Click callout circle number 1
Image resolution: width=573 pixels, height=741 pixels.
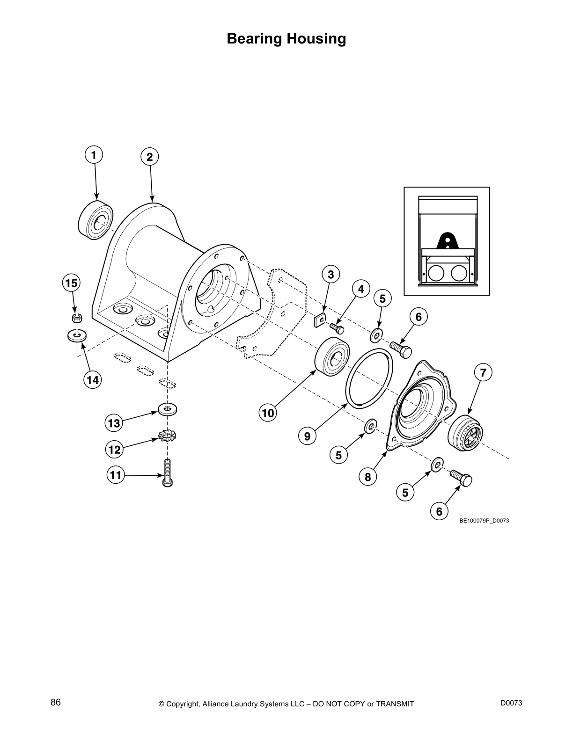click(94, 155)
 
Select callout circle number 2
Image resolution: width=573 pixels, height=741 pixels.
click(150, 157)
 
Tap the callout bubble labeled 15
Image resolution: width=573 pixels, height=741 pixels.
click(71, 283)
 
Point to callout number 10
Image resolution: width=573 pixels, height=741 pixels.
click(268, 413)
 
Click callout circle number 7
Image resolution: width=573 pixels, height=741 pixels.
click(483, 373)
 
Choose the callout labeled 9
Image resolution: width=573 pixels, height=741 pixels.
click(307, 436)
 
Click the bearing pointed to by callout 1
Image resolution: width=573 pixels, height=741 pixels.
click(95, 220)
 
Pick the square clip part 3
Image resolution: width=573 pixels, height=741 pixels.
click(320, 320)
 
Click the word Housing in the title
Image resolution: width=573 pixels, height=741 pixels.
click(316, 38)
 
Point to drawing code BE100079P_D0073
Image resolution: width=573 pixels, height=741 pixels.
click(484, 520)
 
